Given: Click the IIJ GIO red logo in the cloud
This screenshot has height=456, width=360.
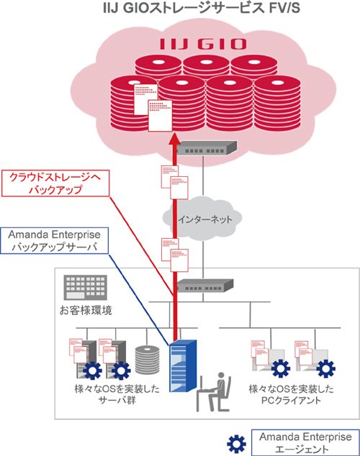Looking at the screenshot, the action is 203,44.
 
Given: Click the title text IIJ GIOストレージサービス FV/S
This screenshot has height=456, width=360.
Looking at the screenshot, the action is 202,8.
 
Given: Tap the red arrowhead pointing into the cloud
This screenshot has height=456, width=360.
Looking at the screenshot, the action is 175,139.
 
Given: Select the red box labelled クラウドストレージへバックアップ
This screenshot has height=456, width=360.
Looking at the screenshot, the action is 55,183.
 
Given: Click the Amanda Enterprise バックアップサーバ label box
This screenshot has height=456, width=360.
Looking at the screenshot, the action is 55,240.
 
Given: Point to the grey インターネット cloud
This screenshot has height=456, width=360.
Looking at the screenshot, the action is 202,219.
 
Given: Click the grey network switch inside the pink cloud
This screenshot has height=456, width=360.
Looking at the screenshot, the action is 207,148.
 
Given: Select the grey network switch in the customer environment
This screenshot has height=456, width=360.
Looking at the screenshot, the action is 205,286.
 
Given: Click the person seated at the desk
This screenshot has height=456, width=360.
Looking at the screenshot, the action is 214,391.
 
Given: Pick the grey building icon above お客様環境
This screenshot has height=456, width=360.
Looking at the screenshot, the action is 85,288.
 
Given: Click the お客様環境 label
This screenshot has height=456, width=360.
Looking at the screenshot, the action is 86,311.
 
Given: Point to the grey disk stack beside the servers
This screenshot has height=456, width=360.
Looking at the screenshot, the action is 148,360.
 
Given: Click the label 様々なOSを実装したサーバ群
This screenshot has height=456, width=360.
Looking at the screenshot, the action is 117,394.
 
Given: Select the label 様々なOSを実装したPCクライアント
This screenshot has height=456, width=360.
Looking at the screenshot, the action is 291,394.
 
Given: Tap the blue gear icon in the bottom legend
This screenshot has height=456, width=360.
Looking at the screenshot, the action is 236,444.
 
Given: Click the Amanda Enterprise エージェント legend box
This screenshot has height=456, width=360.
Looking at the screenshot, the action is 305,442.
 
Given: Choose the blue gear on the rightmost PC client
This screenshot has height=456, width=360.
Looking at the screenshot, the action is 326,369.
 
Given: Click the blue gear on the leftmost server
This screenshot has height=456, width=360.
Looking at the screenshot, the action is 93,370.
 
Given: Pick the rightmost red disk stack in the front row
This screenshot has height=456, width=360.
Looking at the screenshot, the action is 277,104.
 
